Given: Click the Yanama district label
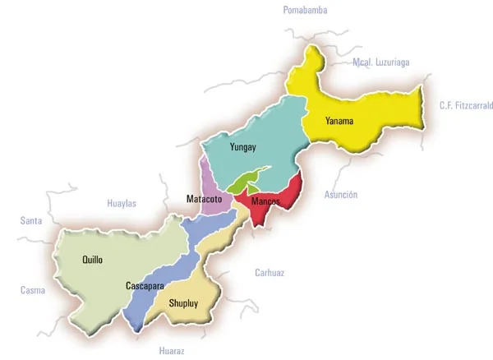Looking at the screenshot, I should tap(339, 122).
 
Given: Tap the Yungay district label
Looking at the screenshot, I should tap(243, 148).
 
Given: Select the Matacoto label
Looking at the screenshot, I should tap(205, 200).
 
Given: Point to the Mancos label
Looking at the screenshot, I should tap(265, 201).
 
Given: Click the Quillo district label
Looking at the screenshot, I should tap(93, 260).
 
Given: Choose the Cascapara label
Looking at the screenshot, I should tap(145, 286).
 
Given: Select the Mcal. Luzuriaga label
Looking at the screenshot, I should tap(380, 62).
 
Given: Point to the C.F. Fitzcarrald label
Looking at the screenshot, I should tap(466, 105).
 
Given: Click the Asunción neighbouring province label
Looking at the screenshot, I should tap(341, 195).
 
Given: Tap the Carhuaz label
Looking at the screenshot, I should tap(269, 273).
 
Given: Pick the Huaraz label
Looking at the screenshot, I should tap(172, 351).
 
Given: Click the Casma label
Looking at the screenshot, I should tap(33, 290).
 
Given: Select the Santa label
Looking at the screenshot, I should tap(31, 220).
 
